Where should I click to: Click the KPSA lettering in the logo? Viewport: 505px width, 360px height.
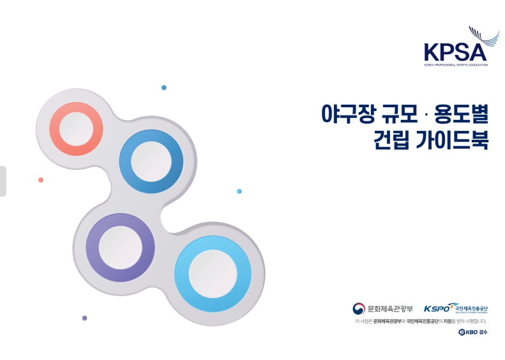[x=454, y=52]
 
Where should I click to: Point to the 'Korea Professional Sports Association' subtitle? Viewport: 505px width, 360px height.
[x=455, y=65]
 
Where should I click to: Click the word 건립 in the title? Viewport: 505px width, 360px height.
[x=391, y=140]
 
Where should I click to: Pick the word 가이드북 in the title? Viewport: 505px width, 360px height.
[x=453, y=140]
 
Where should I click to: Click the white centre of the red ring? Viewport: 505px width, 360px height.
[x=76, y=128]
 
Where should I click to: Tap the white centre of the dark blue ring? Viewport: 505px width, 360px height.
[x=151, y=160]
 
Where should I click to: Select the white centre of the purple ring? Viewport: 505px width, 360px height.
[x=120, y=247]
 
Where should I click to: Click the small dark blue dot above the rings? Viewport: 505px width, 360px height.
[x=164, y=87]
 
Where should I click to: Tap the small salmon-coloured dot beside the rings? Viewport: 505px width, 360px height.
[x=41, y=180]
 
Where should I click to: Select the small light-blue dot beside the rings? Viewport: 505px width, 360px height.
[x=239, y=191]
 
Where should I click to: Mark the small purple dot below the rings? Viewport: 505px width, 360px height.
[x=84, y=318]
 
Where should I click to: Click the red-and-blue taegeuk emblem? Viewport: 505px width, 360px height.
[x=359, y=308]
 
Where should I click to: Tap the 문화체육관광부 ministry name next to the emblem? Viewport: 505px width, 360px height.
[x=391, y=309]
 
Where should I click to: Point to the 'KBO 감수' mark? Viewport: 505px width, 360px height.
[x=472, y=333]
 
